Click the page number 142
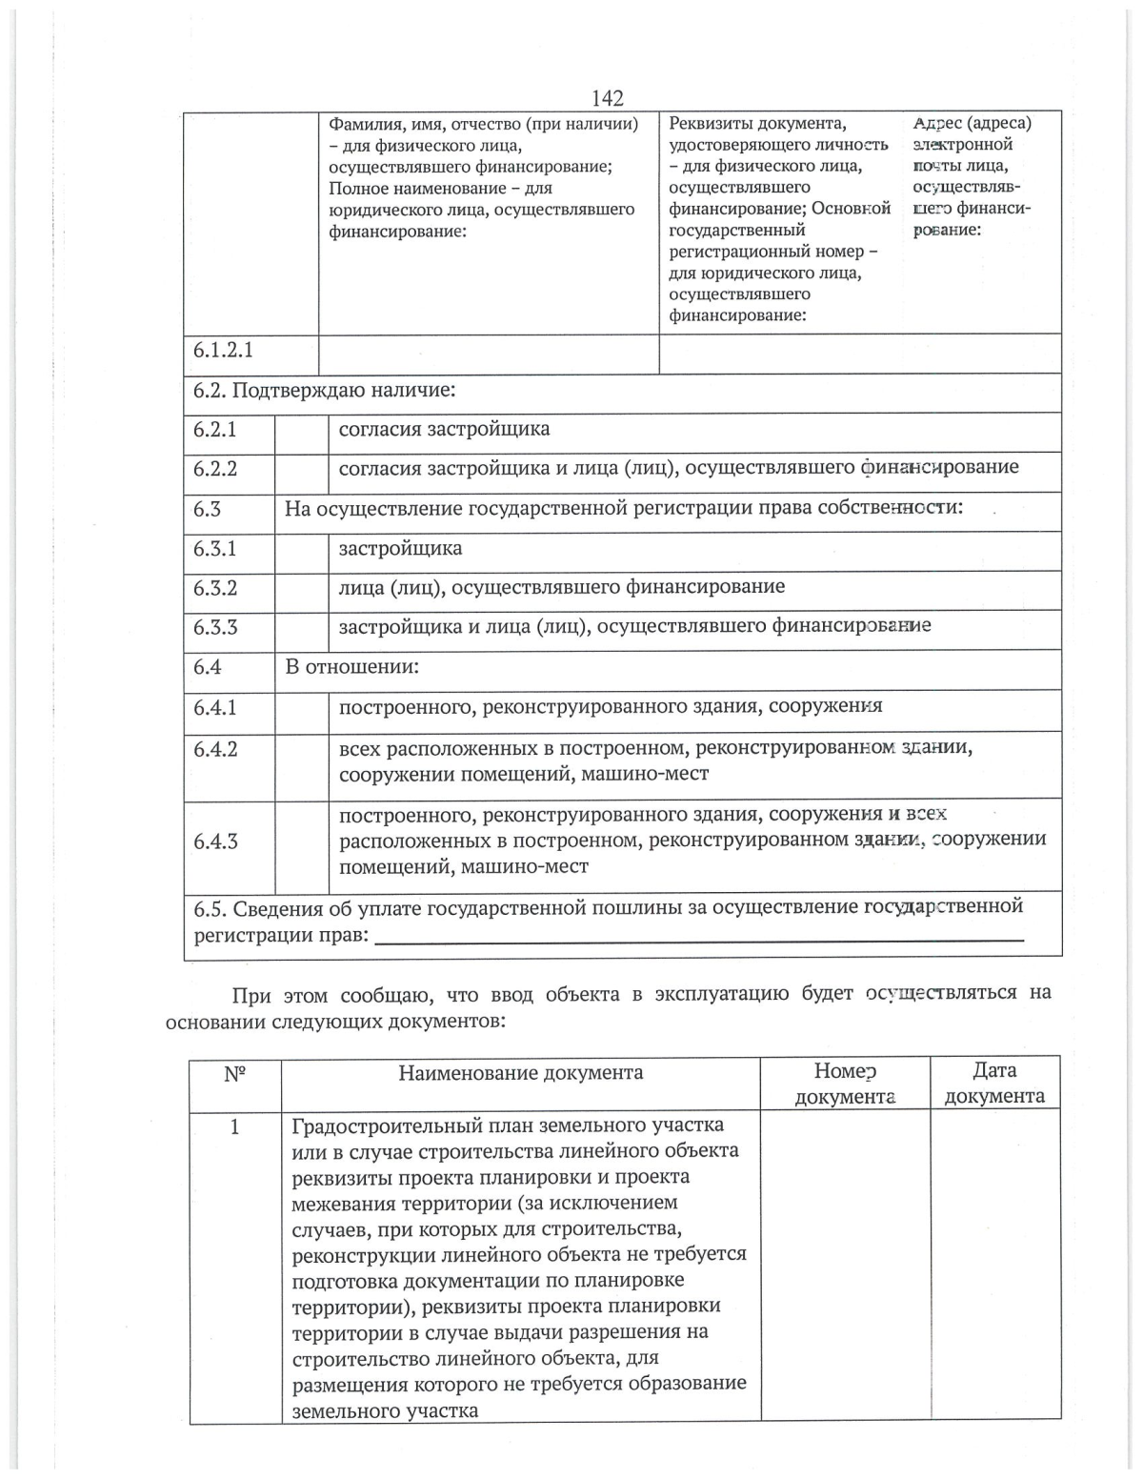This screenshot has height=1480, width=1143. [x=607, y=98]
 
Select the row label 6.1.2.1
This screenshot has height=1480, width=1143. [x=223, y=350]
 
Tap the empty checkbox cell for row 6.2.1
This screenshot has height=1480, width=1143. [x=301, y=430]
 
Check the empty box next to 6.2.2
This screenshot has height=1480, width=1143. [x=301, y=469]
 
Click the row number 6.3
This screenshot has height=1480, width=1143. [x=207, y=509]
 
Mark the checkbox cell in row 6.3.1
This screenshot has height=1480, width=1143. [x=301, y=550]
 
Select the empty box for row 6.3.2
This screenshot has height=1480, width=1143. [x=301, y=589]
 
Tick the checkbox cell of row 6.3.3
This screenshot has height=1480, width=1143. [x=301, y=628]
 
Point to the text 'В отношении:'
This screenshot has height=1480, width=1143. [x=351, y=667]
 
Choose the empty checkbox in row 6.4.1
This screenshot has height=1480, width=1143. [x=301, y=708]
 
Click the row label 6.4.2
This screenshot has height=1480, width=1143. [x=215, y=749]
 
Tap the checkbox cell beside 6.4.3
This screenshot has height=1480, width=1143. [x=301, y=841]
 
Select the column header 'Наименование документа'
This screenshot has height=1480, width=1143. [x=520, y=1073]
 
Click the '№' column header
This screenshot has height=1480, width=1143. [x=234, y=1074]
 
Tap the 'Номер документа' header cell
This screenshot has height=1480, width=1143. [x=845, y=1084]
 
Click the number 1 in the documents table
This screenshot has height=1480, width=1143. [x=234, y=1127]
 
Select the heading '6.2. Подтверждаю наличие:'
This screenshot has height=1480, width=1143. [x=324, y=391]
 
